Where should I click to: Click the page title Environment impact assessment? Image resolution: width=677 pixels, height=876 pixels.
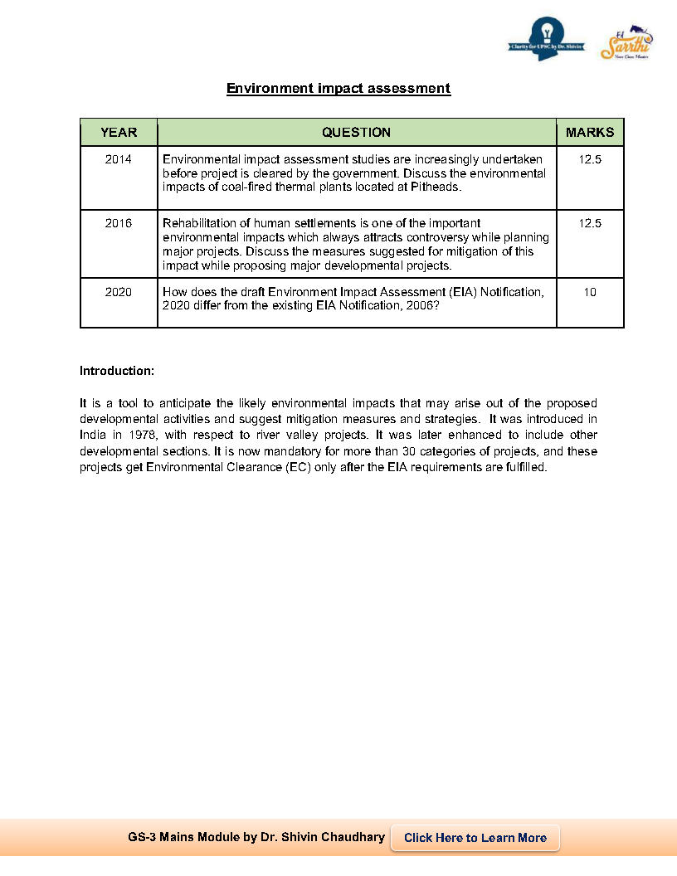[x=338, y=88]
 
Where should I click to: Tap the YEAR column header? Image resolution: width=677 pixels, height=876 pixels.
[x=119, y=132]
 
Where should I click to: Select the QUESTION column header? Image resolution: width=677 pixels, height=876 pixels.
[x=356, y=132]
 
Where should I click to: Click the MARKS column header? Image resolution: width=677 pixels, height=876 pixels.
[x=590, y=132]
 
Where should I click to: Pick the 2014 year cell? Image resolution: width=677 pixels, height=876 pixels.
[x=119, y=159]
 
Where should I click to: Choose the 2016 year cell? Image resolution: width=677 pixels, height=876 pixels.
[x=119, y=223]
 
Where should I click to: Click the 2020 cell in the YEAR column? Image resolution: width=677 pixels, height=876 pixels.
[x=119, y=292]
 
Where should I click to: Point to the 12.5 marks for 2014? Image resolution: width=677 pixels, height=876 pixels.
[x=590, y=159]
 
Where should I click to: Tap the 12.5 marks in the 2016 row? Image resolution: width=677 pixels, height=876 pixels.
[x=590, y=223]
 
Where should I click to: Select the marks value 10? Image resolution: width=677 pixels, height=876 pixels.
[x=590, y=292]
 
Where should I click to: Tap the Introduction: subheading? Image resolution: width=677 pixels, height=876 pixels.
[x=117, y=370]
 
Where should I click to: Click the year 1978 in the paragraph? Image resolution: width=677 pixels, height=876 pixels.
[x=142, y=434]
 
